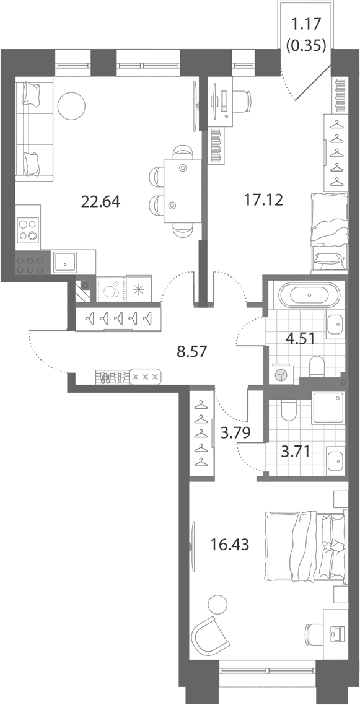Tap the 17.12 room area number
(263, 200)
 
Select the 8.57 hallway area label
(191, 351)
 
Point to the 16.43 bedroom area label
(230, 545)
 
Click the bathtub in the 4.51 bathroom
(310, 296)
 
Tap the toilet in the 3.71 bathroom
(288, 409)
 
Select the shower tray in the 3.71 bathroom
(328, 408)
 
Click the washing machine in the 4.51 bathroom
(281, 375)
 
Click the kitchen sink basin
(64, 263)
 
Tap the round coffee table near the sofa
(71, 106)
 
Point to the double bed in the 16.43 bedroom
(307, 546)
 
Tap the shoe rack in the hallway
(112, 377)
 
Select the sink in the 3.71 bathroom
(335, 460)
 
